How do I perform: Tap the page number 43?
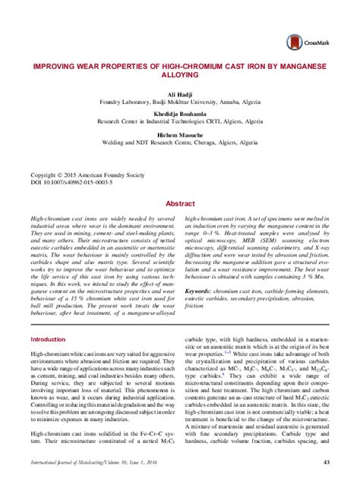pyautogui.click(x=326, y=463)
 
